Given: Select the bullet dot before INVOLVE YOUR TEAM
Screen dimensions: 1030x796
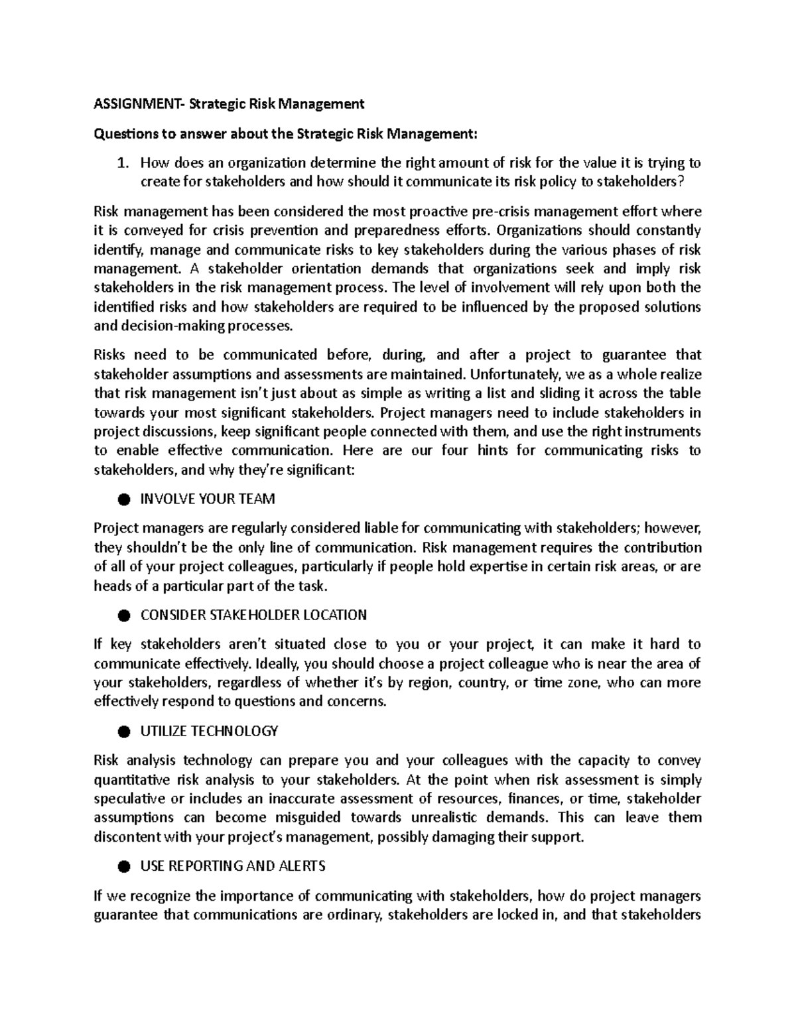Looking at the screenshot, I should (x=123, y=499).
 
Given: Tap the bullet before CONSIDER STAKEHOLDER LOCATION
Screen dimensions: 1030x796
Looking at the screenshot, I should (x=123, y=615).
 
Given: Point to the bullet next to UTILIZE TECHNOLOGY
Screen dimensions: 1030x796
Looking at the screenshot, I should (x=123, y=732).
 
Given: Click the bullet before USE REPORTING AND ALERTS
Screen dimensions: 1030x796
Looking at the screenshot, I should (x=123, y=867).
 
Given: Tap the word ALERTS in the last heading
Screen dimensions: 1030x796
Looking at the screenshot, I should (x=304, y=866).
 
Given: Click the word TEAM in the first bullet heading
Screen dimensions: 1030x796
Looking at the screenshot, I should (x=258, y=499).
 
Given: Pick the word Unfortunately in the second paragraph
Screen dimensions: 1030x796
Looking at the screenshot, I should (x=508, y=374).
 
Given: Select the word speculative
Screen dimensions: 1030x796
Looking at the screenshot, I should (x=130, y=799).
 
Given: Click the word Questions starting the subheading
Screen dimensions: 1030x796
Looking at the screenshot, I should (x=123, y=134).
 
